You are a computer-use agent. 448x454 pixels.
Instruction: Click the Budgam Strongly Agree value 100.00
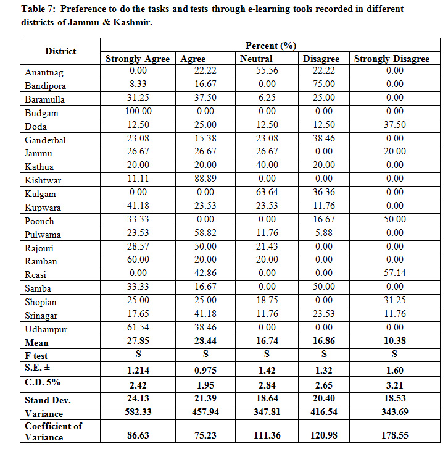pos(138,112)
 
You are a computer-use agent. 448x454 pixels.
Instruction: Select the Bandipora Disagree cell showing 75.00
pos(321,85)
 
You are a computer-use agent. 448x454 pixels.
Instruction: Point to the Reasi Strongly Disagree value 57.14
pos(394,275)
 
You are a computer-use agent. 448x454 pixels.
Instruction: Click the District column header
pos(60,51)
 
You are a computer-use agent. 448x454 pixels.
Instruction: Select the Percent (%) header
pos(271,46)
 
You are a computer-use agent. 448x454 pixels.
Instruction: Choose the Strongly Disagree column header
pos(391,59)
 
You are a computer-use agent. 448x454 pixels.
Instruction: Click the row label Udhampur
pos(45,329)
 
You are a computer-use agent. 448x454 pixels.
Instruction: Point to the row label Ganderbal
pos(46,140)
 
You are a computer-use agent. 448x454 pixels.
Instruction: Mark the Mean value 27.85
pos(138,342)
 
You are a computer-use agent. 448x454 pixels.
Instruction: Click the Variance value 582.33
pos(138,413)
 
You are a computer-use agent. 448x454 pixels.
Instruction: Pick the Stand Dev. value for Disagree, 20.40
pos(321,400)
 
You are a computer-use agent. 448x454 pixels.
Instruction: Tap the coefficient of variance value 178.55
pos(394,435)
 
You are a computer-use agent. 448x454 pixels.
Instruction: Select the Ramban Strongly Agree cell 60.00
pos(138,261)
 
